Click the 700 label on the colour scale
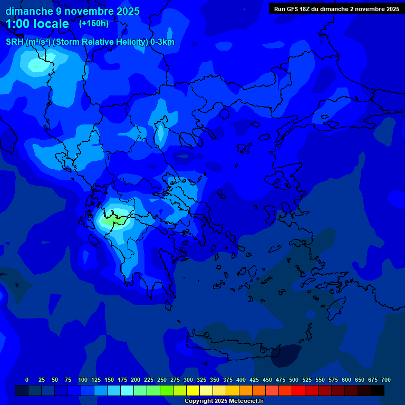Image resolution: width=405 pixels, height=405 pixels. coord(386,380)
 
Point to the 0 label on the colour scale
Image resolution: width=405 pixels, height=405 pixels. coord(27,380)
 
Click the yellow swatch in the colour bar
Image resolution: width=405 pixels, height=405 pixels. coord(193,391)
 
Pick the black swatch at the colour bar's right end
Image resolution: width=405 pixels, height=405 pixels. coord(378,391)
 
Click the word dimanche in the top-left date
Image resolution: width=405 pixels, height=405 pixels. coord(26,11)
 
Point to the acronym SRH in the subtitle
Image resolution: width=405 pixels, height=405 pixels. coord(15,42)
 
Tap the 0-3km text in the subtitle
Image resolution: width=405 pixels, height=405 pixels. coord(162,42)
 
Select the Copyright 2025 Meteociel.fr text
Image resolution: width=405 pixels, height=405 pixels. coord(223,401)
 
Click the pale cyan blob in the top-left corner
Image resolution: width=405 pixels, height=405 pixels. coord(37,65)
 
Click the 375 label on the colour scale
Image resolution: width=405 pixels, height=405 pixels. coord(228,380)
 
